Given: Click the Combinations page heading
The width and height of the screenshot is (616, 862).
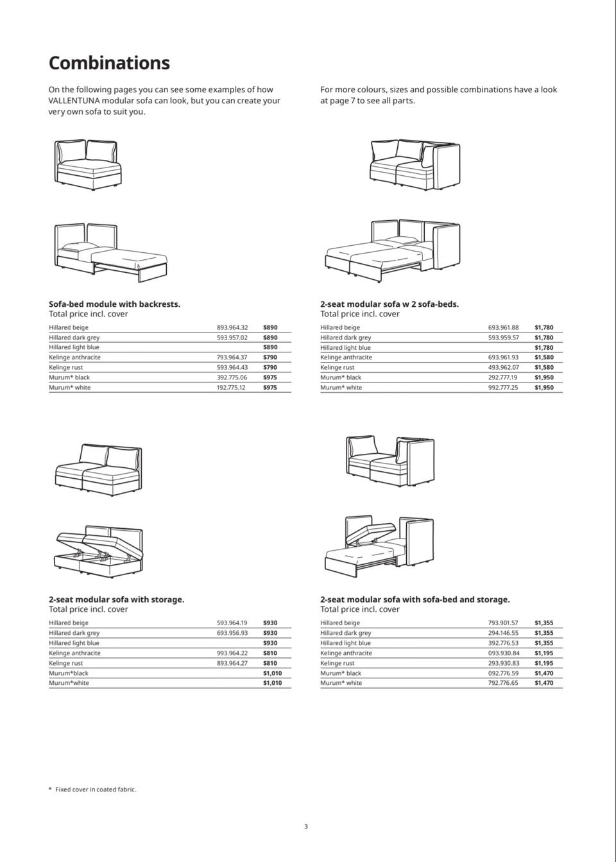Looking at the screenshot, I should (x=109, y=63).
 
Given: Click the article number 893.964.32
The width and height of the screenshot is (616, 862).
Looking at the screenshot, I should (x=232, y=327).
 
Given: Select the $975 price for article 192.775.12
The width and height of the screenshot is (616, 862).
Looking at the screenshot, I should (x=270, y=388).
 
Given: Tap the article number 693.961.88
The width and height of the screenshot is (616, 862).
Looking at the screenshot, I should (x=503, y=327).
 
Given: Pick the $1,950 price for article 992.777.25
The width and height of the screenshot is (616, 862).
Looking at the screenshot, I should (x=543, y=388).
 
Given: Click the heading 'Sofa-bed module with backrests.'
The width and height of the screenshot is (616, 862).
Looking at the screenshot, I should (x=114, y=304).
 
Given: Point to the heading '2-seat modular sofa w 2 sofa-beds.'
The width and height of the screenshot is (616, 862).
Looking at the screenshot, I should (x=389, y=304).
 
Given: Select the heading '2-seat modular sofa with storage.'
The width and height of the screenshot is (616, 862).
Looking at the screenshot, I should (x=116, y=599).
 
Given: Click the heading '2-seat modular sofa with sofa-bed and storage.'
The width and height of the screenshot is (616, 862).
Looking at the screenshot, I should (x=415, y=599).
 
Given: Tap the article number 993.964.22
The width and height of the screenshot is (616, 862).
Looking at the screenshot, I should (x=232, y=653).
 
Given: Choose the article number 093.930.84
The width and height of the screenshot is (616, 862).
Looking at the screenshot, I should (x=503, y=653).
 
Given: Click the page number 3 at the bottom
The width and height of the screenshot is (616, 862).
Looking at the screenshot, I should (x=306, y=827).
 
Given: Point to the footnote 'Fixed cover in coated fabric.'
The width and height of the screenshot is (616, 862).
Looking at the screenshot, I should (x=96, y=789).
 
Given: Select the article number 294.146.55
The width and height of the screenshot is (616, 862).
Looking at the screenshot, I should (x=503, y=633).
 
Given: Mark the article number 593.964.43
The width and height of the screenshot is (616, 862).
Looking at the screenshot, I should (x=232, y=367).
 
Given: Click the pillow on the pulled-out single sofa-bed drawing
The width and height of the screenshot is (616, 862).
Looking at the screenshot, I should (x=73, y=247).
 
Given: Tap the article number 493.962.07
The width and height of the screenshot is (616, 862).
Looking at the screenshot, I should (x=503, y=367).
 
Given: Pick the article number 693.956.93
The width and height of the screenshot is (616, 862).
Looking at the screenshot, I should (x=232, y=633).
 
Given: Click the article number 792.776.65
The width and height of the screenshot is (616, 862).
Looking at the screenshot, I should (x=503, y=683).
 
